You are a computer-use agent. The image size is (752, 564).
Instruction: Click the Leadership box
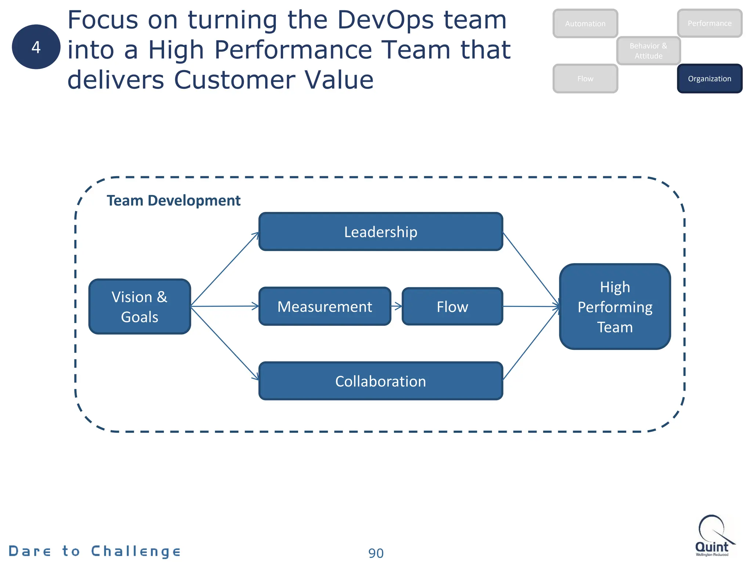[380, 232]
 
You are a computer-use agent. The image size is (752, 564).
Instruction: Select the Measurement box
[325, 307]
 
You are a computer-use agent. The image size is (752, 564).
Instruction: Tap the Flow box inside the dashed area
[452, 307]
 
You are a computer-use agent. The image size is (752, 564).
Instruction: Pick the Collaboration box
[380, 381]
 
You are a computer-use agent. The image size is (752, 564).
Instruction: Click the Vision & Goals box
[140, 307]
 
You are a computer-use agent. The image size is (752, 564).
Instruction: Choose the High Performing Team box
[615, 307]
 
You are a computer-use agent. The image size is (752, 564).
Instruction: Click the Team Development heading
[173, 200]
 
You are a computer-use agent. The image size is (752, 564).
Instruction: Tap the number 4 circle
[36, 47]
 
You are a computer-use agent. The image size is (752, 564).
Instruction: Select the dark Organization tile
[709, 79]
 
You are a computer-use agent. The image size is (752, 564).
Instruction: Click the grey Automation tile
[585, 23]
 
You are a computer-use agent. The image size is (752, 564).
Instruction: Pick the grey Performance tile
[709, 23]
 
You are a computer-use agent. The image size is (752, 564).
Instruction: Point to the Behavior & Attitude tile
[648, 51]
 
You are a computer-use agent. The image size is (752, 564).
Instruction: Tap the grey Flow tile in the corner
[585, 79]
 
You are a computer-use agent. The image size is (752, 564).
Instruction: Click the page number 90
[376, 553]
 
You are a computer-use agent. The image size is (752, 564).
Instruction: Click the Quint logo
[712, 536]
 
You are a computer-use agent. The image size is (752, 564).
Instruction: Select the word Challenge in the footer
[136, 552]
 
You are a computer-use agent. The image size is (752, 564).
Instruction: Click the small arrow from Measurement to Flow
[397, 306]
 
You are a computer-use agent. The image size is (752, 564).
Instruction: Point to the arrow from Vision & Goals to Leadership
[225, 269]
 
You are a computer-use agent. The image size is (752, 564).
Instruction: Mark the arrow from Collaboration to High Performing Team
[531, 343]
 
